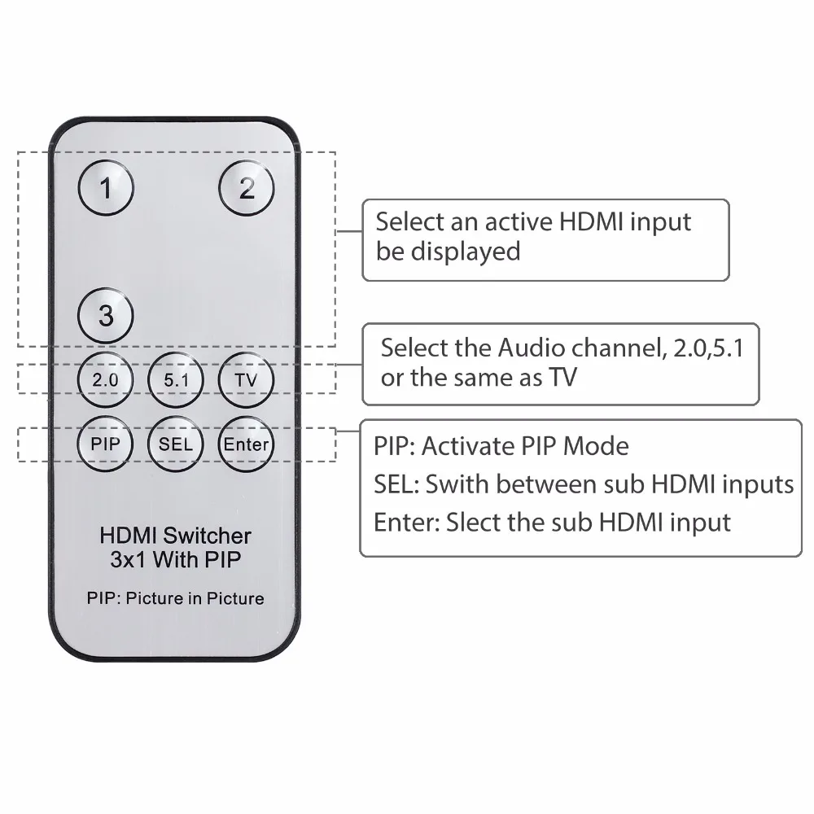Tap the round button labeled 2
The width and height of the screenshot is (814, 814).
coord(247,188)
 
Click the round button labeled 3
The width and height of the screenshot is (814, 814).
coord(106,315)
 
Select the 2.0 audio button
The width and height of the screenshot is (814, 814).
coord(106,379)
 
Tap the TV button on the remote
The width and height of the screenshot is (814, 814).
coord(247,379)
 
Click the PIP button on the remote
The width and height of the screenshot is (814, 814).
coord(106,444)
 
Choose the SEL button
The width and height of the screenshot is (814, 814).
coord(176,444)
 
